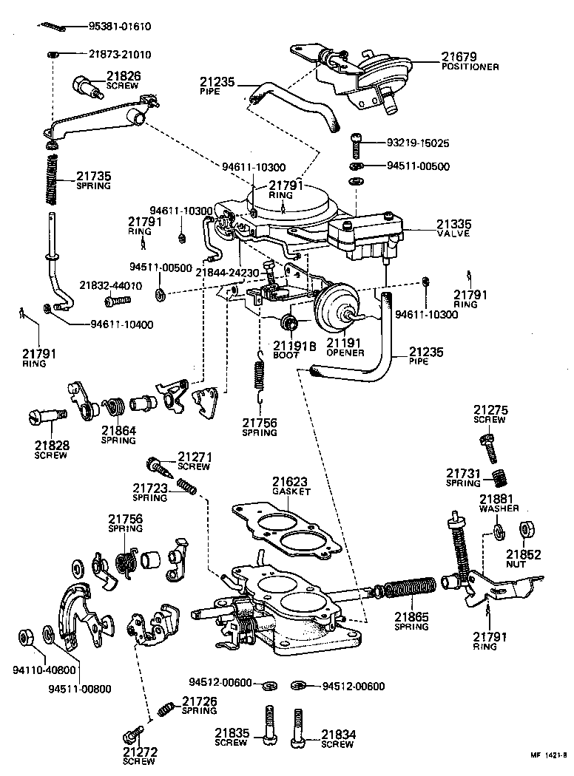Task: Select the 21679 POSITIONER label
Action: pos(470,61)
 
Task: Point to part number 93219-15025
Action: pos(418,143)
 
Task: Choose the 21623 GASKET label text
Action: pos(291,485)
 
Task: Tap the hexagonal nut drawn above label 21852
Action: pos(528,531)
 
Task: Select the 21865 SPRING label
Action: pos(411,621)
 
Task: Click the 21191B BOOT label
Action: pos(294,349)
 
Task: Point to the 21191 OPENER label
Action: pos(345,348)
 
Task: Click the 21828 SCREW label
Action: pos(50,450)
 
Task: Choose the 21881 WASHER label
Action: pos(499,503)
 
